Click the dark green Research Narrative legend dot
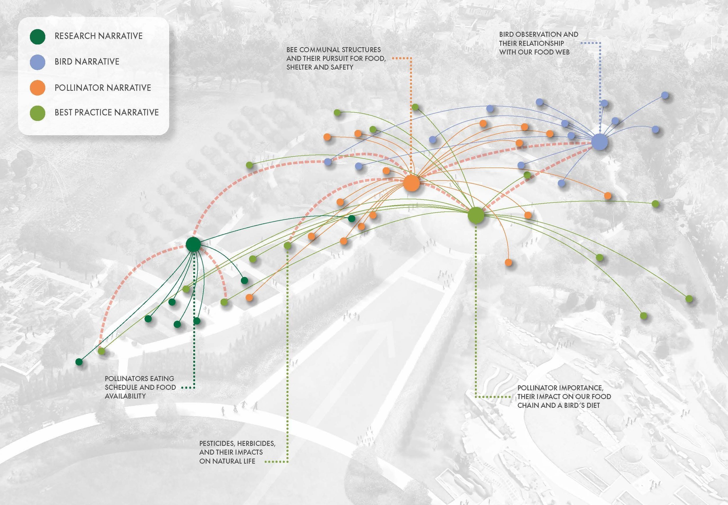[38, 36]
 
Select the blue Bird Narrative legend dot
[38, 62]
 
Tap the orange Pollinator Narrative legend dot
[38, 88]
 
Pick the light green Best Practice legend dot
[38, 113]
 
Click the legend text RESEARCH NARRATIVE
[98, 36]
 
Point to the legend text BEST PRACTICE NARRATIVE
[107, 112]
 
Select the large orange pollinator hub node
[411, 183]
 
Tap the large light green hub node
[476, 215]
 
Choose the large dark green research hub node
[193, 244]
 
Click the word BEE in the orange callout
[292, 50]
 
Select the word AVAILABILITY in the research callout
[125, 396]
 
